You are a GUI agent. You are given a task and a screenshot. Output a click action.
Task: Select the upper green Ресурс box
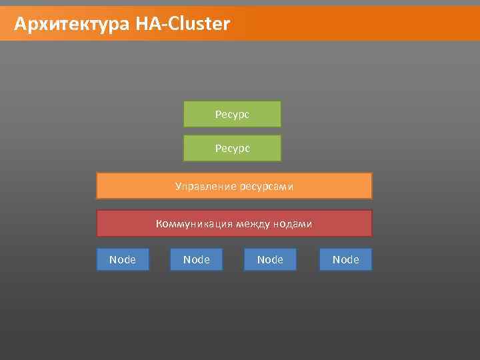pos(232,114)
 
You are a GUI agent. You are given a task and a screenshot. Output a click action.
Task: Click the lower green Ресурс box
pos(232,148)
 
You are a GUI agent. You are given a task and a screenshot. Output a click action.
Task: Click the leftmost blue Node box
pos(122,259)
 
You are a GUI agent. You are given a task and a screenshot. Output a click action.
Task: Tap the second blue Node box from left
pos(196,259)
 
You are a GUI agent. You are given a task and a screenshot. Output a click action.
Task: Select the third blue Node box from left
pos(270,259)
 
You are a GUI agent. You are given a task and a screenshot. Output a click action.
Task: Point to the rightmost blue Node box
pos(345,259)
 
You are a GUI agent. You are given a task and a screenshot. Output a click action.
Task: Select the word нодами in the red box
pos(292,224)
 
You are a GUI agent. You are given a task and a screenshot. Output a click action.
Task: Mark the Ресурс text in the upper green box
pos(232,115)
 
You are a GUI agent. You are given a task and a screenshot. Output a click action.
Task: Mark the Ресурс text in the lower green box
pos(232,149)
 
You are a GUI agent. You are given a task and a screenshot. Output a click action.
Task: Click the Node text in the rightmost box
pos(345,259)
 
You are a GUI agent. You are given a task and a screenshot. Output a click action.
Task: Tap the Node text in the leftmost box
pos(122,259)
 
